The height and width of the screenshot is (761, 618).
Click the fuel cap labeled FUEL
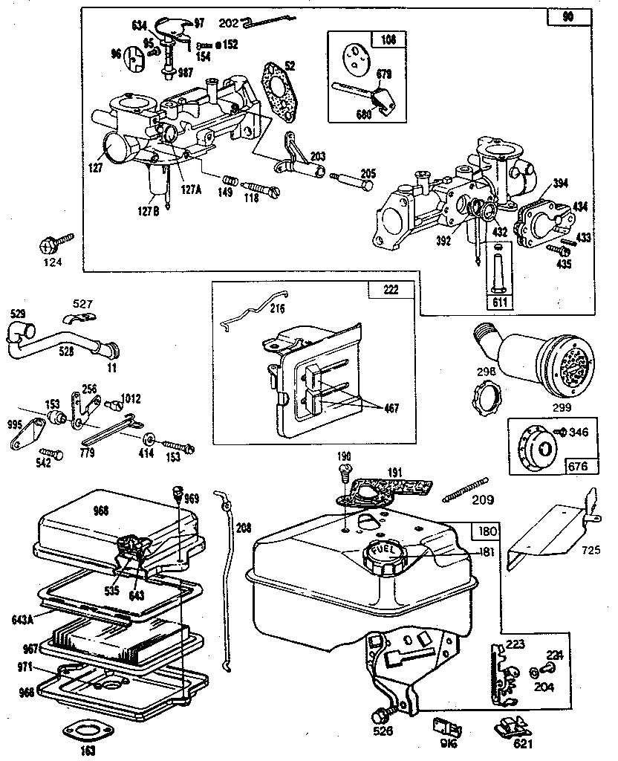pos(384,551)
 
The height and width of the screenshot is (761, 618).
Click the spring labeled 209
pos(465,487)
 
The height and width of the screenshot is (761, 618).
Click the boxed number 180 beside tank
pos(487,532)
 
